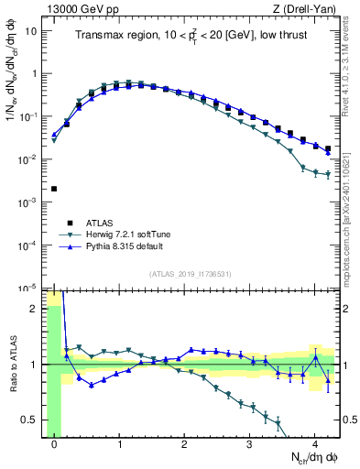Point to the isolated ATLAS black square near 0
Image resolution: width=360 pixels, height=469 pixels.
[54, 189]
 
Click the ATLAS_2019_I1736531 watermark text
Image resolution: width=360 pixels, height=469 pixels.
[191, 274]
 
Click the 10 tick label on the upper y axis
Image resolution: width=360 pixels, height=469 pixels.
[31, 31]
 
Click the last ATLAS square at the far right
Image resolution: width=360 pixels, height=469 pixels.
[328, 148]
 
